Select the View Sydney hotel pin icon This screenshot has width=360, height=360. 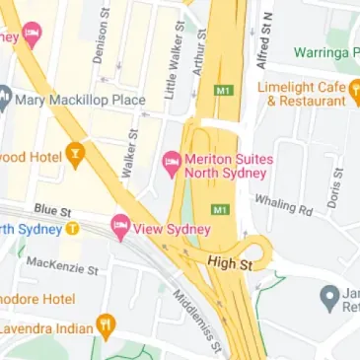pyautogui.click(x=120, y=226)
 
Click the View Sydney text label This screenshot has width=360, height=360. pyautogui.click(x=173, y=229)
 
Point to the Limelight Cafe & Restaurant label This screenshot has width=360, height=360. pyautogui.click(x=305, y=94)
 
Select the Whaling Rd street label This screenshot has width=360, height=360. pyautogui.click(x=282, y=204)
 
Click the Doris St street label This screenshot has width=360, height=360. pyautogui.click(x=336, y=187)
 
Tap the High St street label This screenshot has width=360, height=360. pyautogui.click(x=230, y=262)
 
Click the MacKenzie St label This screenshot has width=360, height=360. pyautogui.click(x=62, y=264)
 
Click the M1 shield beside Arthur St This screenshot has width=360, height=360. pyautogui.click(x=223, y=91)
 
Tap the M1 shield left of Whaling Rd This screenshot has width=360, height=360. pyautogui.click(x=220, y=209)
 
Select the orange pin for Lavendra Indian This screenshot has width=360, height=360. pyautogui.click(x=106, y=324)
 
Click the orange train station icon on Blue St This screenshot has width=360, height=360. pyautogui.click(x=72, y=230)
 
